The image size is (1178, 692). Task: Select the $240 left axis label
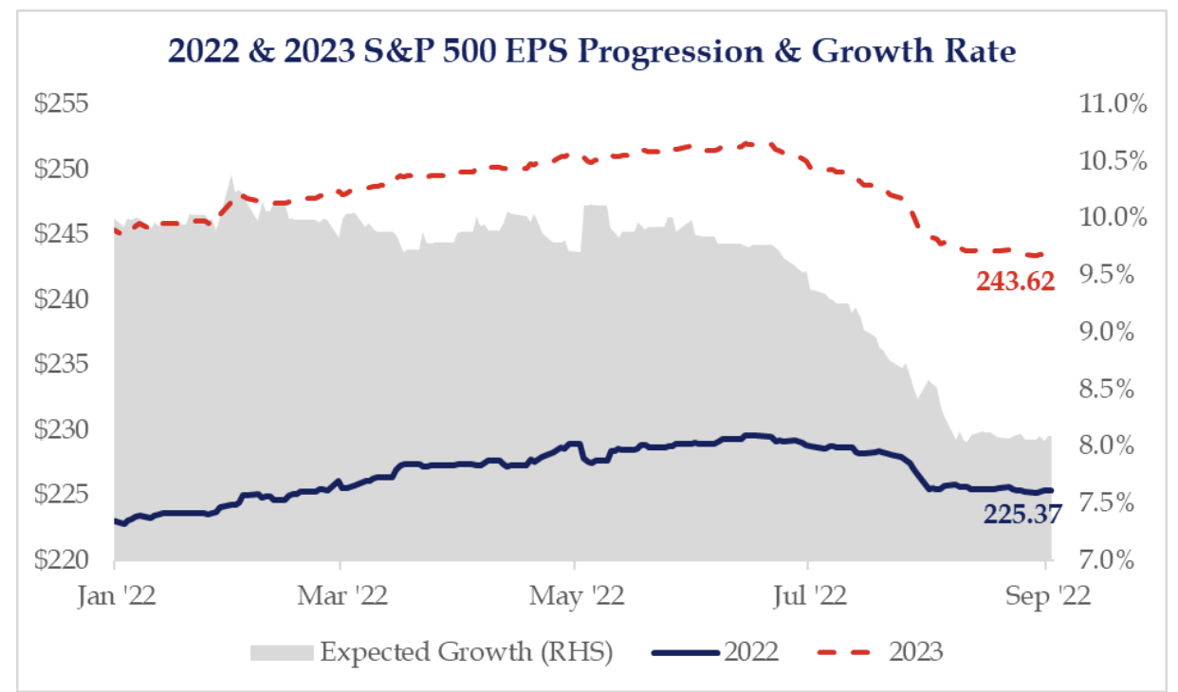coord(62,300)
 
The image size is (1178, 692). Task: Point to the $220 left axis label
coord(62,559)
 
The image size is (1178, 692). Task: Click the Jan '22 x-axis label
coord(115,597)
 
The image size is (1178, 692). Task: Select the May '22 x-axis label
coord(575,597)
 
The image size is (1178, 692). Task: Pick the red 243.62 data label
coord(1015,281)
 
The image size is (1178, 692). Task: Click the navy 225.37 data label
coord(1022,514)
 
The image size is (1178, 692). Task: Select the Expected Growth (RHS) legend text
coord(467,652)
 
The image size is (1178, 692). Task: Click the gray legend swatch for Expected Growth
coord(281,652)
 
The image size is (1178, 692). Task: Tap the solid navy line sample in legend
coord(686,652)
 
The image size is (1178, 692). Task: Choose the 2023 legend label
coord(916,652)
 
